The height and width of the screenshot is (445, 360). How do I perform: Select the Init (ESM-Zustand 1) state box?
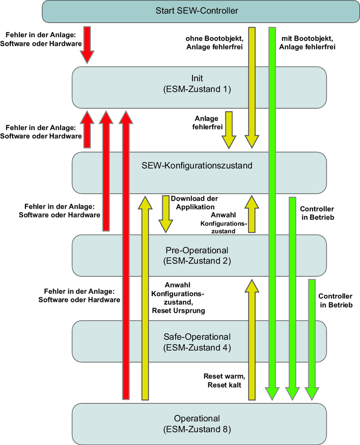(x=199, y=83)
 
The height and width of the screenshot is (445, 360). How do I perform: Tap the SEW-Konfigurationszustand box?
(x=199, y=166)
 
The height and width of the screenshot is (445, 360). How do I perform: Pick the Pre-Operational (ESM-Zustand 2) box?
(x=199, y=255)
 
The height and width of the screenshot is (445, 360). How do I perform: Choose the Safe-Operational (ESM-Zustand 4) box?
(x=199, y=342)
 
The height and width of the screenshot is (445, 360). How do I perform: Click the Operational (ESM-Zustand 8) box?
(x=199, y=423)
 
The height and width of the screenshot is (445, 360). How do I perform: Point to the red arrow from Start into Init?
(x=87, y=45)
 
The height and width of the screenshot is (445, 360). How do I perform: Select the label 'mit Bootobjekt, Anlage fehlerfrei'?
(x=307, y=42)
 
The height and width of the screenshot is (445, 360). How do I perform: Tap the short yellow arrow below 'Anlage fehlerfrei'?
(x=229, y=130)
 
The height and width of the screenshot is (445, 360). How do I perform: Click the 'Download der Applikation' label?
(x=194, y=202)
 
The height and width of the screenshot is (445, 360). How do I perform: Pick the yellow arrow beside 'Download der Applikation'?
(x=166, y=214)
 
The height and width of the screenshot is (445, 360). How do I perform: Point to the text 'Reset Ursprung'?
(x=178, y=311)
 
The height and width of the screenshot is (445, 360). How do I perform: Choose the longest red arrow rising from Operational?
(x=126, y=254)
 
